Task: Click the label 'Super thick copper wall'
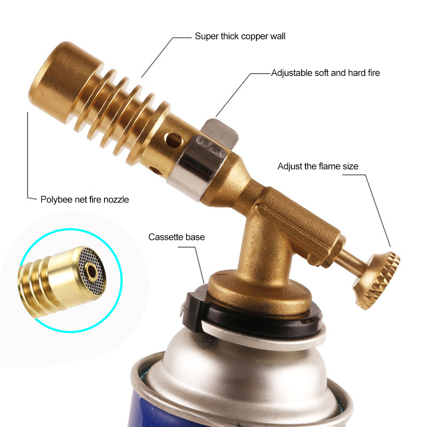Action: pos(240,36)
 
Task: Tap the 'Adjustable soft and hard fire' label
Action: pos(325,73)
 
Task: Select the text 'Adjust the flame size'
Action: pos(318,166)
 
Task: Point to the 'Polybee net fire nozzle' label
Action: pos(84,200)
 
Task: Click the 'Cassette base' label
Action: pos(177,237)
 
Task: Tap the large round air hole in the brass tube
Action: pos(174,139)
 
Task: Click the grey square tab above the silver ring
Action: pos(221,133)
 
